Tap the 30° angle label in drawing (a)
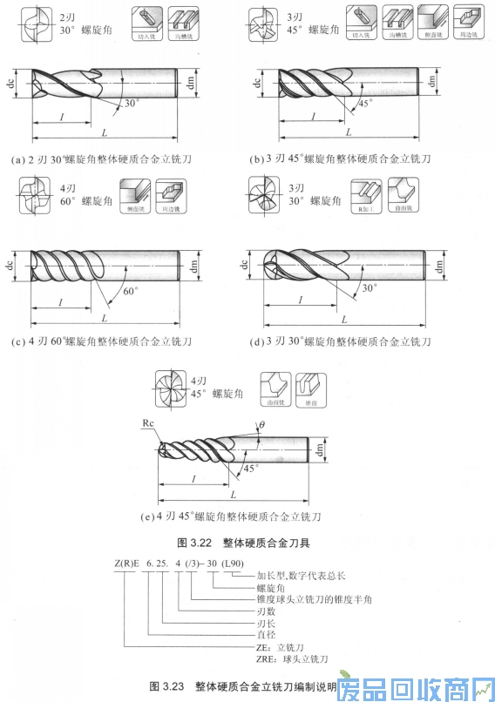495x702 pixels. pos(132,103)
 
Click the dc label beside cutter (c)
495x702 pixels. pos(10,264)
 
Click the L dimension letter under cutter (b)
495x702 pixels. pos(349,132)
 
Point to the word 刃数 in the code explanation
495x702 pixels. pos(266,612)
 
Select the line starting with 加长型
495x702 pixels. pos(302,576)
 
